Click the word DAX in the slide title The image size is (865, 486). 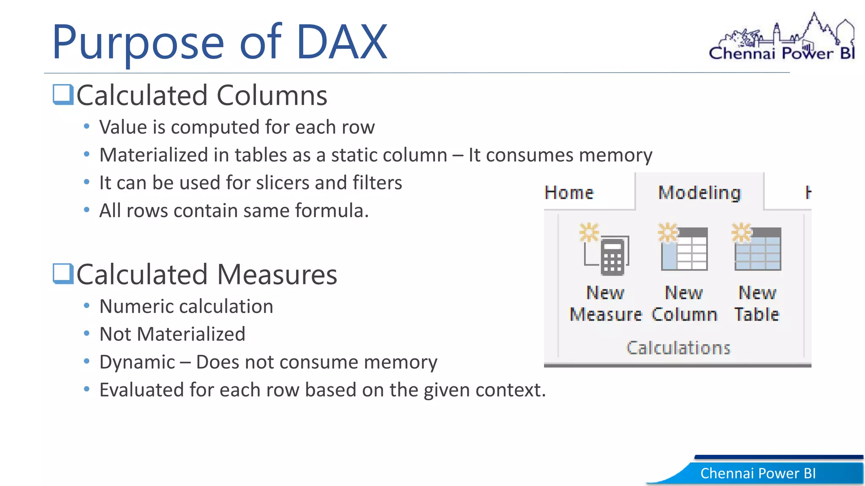[341, 42]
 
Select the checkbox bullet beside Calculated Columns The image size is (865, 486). [63, 94]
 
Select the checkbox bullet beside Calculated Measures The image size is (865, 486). [63, 274]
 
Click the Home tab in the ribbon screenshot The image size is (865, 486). [569, 193]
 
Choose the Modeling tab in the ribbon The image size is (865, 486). [699, 193]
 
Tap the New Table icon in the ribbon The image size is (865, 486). [757, 248]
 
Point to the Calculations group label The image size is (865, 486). [678, 348]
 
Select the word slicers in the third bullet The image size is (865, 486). [283, 183]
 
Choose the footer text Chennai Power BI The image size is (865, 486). [758, 473]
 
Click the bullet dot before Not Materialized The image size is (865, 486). [87, 334]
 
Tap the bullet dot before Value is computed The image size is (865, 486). [87, 126]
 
